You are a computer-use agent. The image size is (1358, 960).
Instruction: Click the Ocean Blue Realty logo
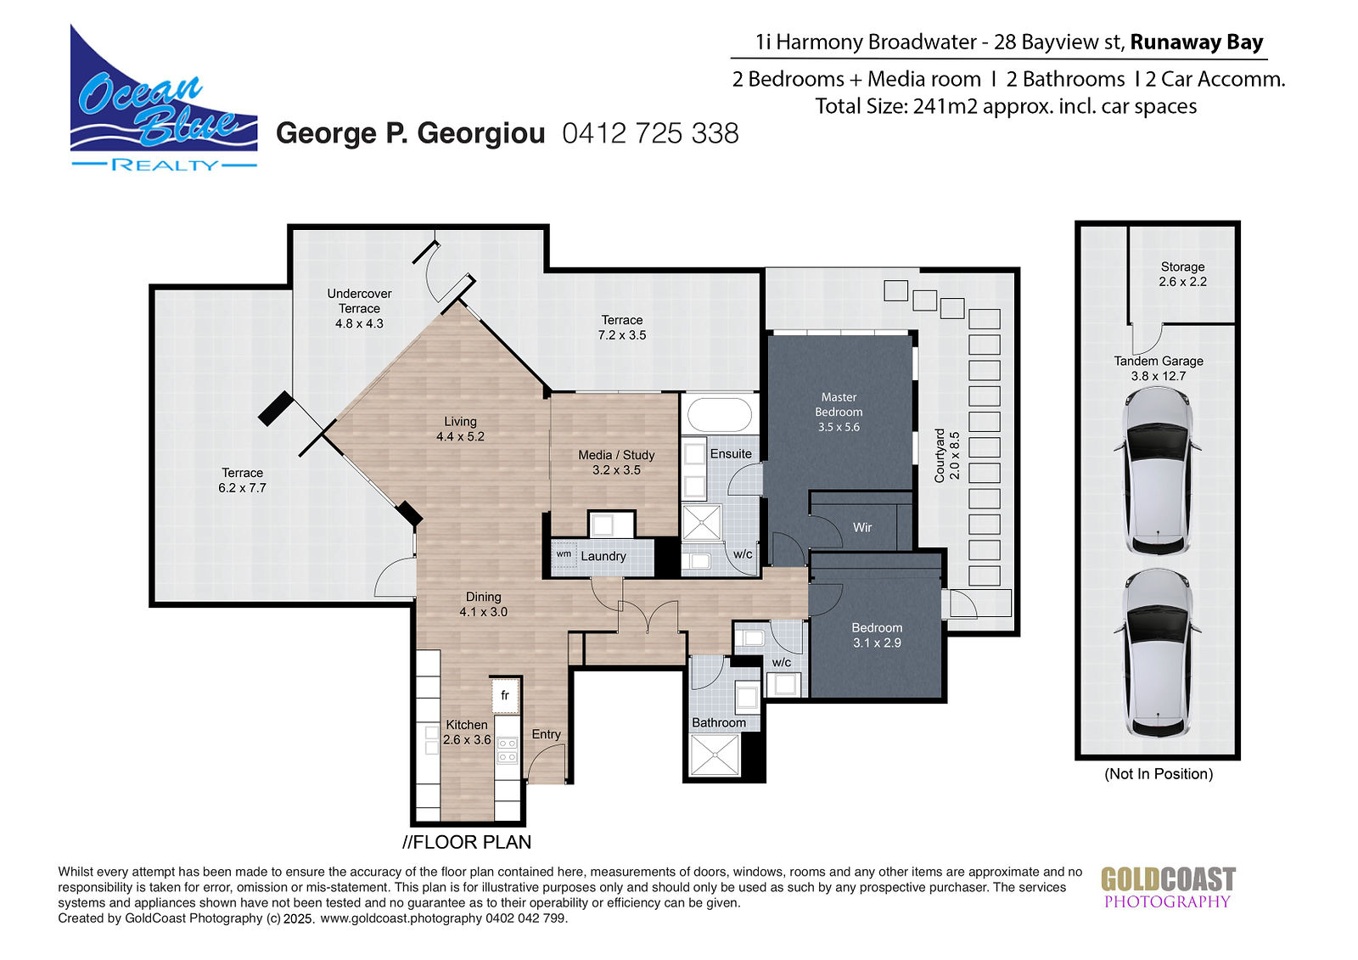(164, 98)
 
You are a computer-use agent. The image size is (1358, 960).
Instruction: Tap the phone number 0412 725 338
(650, 133)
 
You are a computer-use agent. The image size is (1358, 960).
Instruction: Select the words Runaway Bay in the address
(1197, 42)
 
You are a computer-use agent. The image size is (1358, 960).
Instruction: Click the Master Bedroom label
(839, 412)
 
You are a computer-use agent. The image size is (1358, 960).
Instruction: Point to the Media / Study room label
(616, 462)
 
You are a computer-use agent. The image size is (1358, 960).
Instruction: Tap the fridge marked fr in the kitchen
(505, 695)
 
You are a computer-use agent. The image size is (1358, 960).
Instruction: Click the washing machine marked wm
(564, 554)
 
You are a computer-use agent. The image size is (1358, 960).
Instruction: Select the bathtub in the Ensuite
(720, 415)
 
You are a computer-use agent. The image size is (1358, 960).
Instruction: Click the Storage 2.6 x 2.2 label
(1182, 274)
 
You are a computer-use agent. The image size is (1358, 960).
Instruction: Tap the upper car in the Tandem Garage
(1158, 471)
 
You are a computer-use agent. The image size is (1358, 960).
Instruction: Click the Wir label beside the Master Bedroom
(862, 528)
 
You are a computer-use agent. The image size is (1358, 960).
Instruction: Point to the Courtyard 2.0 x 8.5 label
(947, 456)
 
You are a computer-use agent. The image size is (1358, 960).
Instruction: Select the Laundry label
(603, 556)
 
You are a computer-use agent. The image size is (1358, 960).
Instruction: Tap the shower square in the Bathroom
(715, 755)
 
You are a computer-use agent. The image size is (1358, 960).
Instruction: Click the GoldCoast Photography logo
(1168, 888)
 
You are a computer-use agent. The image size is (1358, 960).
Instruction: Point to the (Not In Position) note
(1159, 774)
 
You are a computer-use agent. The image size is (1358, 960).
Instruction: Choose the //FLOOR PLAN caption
(467, 842)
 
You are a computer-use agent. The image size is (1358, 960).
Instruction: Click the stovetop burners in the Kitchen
(507, 749)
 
